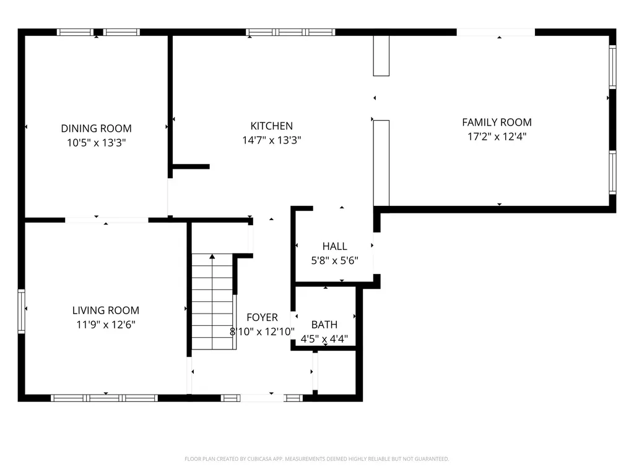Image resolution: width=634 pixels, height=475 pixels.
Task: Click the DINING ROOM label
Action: [x=96, y=129]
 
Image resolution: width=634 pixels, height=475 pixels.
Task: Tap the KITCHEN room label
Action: [x=272, y=126]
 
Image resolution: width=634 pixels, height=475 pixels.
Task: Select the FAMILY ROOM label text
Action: [x=497, y=122]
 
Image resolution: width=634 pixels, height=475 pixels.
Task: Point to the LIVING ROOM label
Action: [x=106, y=310]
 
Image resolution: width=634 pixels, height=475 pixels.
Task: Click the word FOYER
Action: [x=263, y=317]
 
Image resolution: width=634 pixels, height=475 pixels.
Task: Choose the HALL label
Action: [x=335, y=246]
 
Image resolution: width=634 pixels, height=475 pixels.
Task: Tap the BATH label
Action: [x=324, y=325]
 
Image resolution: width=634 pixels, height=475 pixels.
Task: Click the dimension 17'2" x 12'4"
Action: [x=497, y=137]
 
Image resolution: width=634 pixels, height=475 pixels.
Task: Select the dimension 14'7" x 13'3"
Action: [x=272, y=140]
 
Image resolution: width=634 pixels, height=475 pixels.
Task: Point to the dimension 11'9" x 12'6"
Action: [x=106, y=324]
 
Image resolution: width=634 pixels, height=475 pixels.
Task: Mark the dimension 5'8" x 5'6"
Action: [x=335, y=260]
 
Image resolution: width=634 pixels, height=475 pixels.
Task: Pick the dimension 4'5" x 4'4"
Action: [x=324, y=338]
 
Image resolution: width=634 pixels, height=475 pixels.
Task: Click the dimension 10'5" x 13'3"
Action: [x=96, y=143]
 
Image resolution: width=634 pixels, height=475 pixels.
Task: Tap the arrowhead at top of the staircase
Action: [x=212, y=257]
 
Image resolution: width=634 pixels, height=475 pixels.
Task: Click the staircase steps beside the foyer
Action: [x=213, y=302]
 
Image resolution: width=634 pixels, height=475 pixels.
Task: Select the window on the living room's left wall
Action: [x=22, y=311]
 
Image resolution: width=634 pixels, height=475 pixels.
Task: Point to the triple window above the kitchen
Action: [x=290, y=32]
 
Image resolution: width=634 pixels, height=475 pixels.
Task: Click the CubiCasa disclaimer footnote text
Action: [x=316, y=459]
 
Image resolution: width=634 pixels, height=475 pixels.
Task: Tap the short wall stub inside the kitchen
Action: [x=191, y=166]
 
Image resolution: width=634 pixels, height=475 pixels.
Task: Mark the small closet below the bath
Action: [x=336, y=372]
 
